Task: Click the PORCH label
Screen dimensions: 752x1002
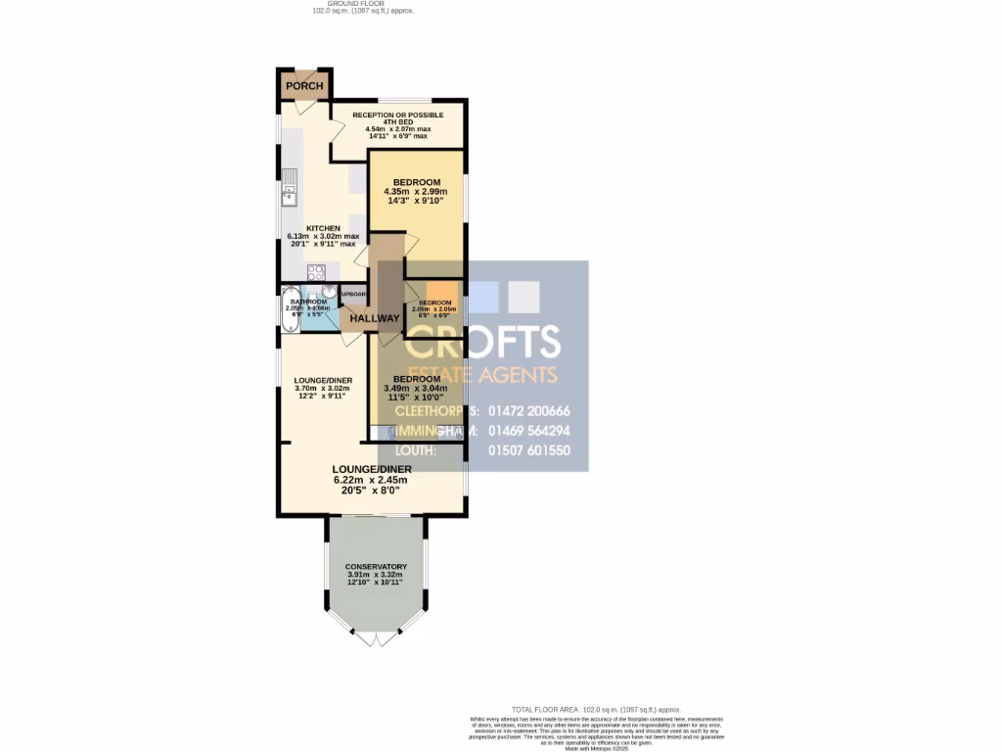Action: click(x=304, y=86)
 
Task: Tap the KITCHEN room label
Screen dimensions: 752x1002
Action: click(x=323, y=228)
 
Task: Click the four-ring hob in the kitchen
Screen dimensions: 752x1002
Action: click(x=317, y=273)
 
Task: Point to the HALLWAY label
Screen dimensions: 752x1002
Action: click(x=375, y=318)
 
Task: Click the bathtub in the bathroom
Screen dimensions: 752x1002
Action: click(x=291, y=309)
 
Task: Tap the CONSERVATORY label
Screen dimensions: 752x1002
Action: click(x=376, y=567)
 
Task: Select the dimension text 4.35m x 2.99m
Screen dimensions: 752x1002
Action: click(x=417, y=192)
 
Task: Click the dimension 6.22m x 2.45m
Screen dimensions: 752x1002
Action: click(x=370, y=480)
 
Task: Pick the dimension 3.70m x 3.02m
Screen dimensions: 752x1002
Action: click(x=323, y=389)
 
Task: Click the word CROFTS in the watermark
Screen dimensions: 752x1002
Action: click(x=482, y=343)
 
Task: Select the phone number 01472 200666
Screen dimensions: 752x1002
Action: click(x=528, y=411)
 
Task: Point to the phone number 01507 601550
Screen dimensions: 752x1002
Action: click(x=528, y=450)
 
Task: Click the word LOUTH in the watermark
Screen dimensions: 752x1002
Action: click(x=417, y=450)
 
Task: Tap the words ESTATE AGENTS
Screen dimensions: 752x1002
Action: click(x=482, y=374)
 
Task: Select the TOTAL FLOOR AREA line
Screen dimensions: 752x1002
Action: click(x=596, y=709)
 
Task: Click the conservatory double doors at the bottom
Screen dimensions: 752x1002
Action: click(x=376, y=638)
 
